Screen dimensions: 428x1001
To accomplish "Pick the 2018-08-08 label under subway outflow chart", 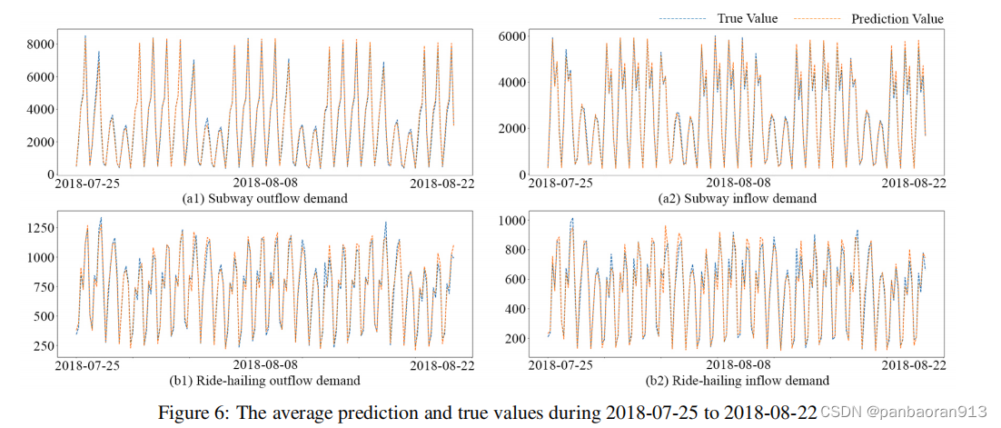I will coord(269,184).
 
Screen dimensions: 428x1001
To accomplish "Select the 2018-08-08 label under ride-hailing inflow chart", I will coord(742,365).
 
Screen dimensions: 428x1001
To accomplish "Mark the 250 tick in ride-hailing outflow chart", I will coord(37,346).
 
